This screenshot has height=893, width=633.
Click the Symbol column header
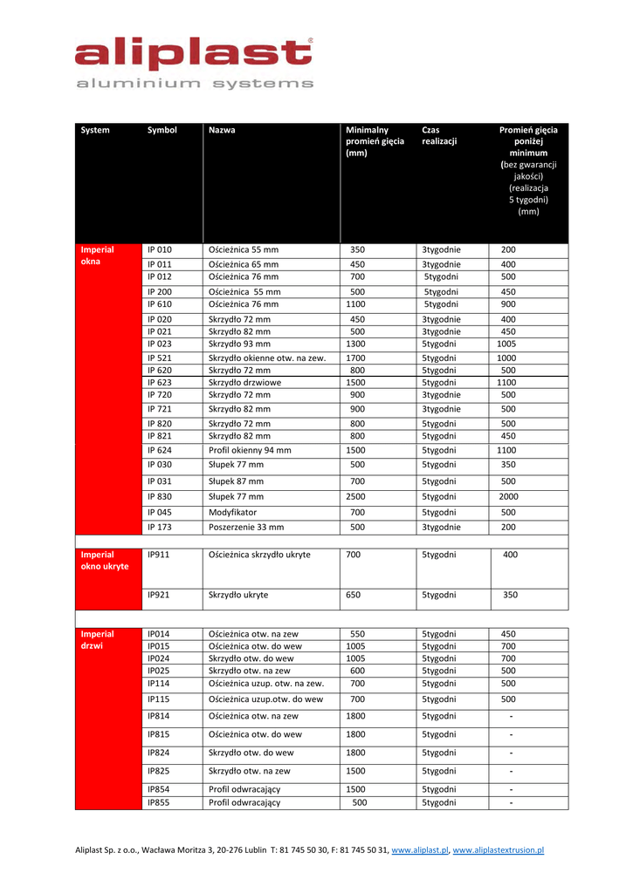click(x=162, y=130)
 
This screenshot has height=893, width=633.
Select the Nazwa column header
click(x=222, y=130)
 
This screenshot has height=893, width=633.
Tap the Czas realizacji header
click(x=439, y=135)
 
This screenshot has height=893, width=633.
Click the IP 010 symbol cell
click(x=160, y=249)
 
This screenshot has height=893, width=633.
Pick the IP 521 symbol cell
click(x=160, y=358)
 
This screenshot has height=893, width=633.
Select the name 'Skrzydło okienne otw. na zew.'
click(x=267, y=358)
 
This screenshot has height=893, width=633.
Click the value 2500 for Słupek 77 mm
click(x=356, y=496)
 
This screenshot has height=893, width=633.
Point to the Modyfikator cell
click(x=233, y=512)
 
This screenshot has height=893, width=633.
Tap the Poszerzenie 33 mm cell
click(x=246, y=527)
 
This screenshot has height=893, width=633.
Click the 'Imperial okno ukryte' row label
click(x=104, y=560)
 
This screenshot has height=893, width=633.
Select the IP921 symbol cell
click(x=158, y=595)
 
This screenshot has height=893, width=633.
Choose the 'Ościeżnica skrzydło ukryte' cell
click(x=259, y=554)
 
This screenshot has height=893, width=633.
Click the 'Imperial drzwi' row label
click(x=97, y=640)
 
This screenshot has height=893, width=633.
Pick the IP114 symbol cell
click(x=158, y=684)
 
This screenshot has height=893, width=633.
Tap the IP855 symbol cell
click(x=158, y=802)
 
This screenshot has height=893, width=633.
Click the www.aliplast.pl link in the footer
click(x=420, y=849)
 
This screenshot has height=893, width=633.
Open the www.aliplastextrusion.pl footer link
click(x=499, y=849)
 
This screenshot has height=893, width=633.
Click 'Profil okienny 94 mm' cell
click(x=250, y=450)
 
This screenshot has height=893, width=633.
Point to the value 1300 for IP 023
click(x=356, y=344)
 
